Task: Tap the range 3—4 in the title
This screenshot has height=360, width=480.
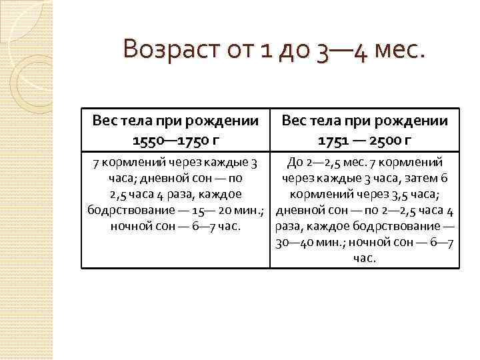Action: pos(341,50)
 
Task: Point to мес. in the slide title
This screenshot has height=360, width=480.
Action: pos(399,50)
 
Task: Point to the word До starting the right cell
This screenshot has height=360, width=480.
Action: pos(295,161)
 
